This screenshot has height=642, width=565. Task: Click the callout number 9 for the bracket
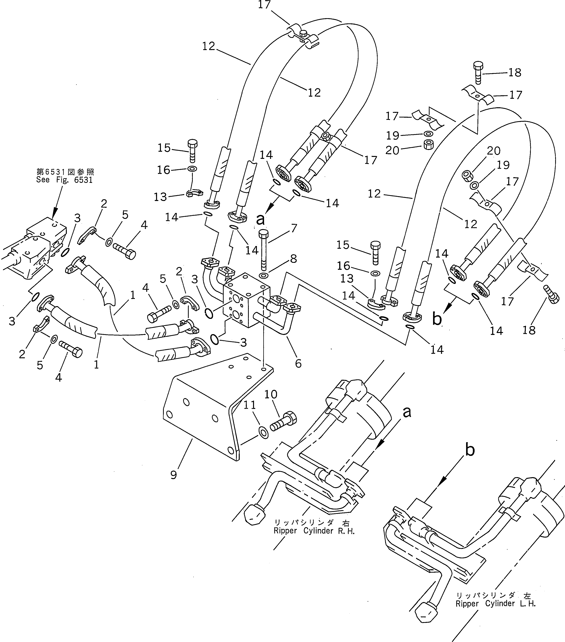tap(174, 475)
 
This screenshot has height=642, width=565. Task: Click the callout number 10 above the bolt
tap(271, 394)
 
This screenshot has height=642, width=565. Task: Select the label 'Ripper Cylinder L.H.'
tap(496, 603)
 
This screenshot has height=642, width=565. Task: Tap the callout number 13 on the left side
tap(160, 197)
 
